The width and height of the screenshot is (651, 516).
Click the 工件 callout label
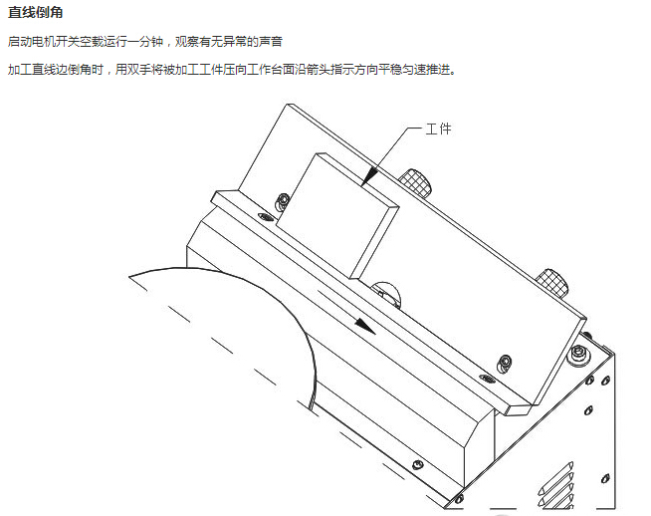(x=438, y=129)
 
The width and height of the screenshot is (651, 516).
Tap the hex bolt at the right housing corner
(x=577, y=354)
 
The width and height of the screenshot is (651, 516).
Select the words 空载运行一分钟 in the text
(x=118, y=42)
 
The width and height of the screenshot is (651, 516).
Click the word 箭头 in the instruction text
(x=336, y=72)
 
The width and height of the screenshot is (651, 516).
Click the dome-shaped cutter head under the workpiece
(x=386, y=291)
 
